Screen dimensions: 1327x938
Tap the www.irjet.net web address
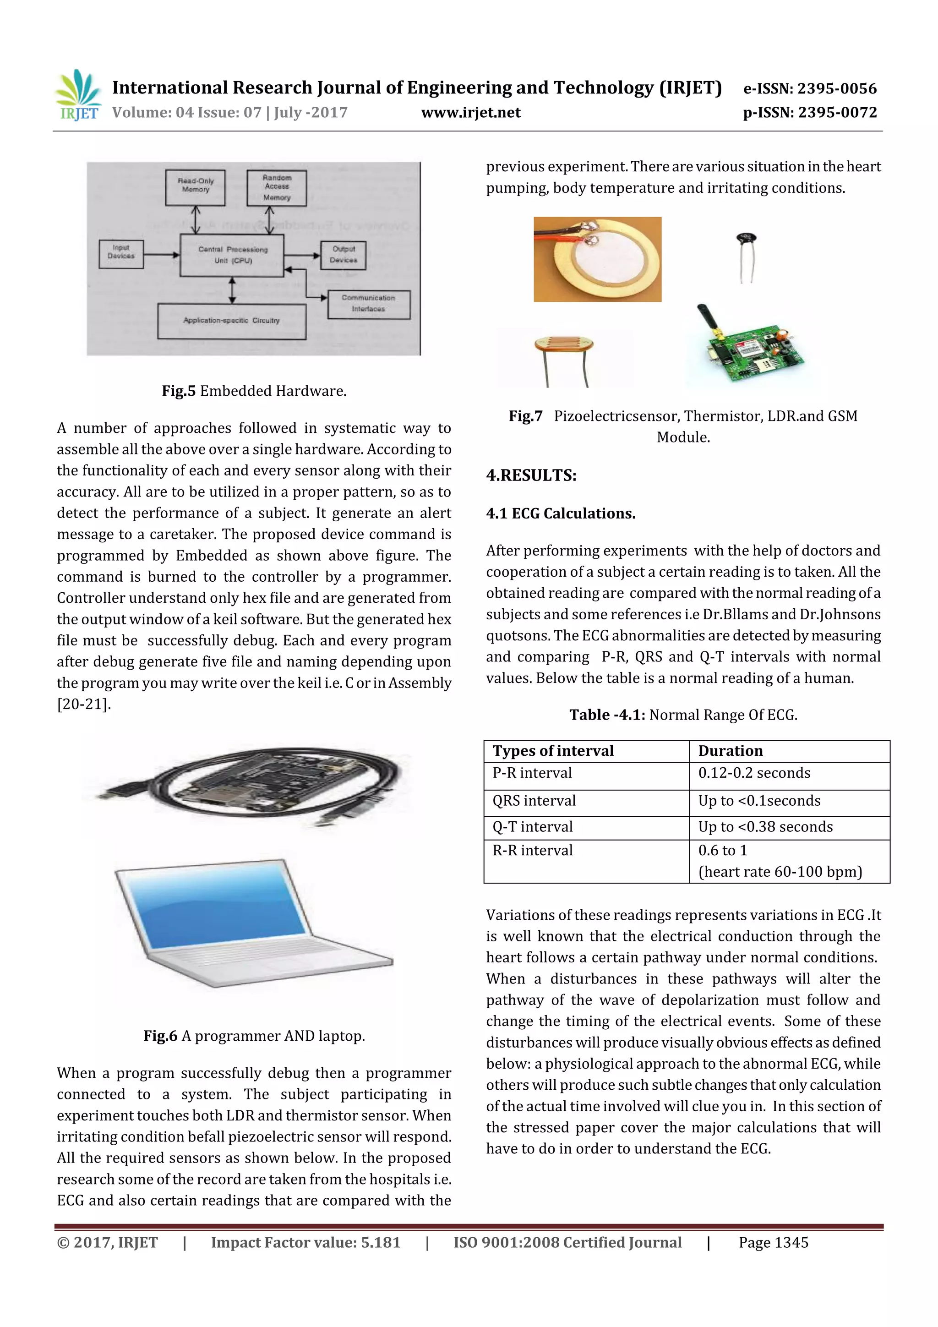coord(470,113)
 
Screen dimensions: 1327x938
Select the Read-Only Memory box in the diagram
coord(196,187)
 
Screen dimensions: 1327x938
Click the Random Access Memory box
coord(277,188)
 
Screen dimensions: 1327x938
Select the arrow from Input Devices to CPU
coord(161,255)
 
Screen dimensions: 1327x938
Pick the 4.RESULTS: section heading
coord(531,475)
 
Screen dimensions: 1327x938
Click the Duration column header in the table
coord(731,751)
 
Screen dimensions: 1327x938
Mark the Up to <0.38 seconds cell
coord(765,827)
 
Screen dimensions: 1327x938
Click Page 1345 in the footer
coord(773,1243)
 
